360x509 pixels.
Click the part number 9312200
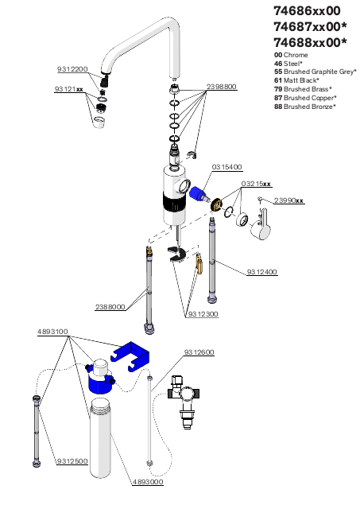[x=72, y=69]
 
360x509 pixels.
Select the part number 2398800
[x=222, y=87]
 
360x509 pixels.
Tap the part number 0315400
[x=227, y=167]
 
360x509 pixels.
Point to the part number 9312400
[x=262, y=272]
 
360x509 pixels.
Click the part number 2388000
[x=110, y=307]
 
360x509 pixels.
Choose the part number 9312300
[x=203, y=314]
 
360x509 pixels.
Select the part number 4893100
[x=52, y=332]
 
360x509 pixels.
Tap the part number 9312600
[x=199, y=352]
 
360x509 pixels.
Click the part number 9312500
[x=72, y=461]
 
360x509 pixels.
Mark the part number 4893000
[x=148, y=482]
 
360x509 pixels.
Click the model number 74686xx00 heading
[x=307, y=11]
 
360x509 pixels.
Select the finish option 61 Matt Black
[x=296, y=80]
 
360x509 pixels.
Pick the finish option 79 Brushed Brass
[x=303, y=89]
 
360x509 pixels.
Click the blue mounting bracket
[x=130, y=356]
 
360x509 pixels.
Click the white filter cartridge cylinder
[x=100, y=438]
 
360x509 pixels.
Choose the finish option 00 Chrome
[x=291, y=55]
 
